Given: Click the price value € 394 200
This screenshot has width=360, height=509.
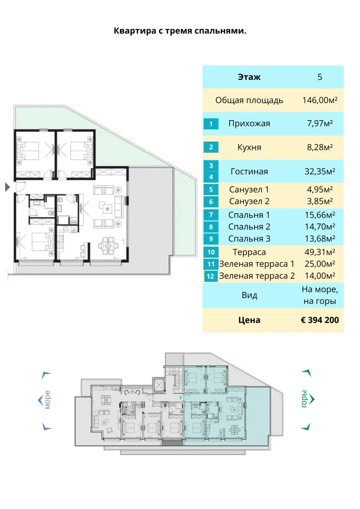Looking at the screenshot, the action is [x=319, y=320].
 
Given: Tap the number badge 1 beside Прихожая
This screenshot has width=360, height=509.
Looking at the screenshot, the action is [x=211, y=124].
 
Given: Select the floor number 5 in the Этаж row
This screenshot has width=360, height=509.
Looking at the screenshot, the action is [x=319, y=77].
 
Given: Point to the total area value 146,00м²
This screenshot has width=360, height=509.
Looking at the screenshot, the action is [x=319, y=100].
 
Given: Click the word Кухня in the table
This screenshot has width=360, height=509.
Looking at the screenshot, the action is [x=249, y=147].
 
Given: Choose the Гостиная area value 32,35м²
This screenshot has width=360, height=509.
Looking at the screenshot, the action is [x=319, y=171].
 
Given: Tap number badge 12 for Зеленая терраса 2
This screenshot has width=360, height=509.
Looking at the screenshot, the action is [x=211, y=276].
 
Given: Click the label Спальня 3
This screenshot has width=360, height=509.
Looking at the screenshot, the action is [x=249, y=239].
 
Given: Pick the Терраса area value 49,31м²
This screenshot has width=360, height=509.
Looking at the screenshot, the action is [x=319, y=252].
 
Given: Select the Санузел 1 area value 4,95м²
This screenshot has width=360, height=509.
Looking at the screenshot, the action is [x=319, y=189].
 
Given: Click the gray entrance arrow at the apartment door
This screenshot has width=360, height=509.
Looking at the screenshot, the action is [x=8, y=187].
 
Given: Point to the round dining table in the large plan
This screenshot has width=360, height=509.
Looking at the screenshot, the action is [x=109, y=246].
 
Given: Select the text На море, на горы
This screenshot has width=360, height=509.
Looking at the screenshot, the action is [x=319, y=295].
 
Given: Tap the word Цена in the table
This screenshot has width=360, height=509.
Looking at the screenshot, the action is [x=249, y=320].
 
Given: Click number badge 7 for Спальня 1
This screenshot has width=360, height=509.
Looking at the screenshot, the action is [x=211, y=215].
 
